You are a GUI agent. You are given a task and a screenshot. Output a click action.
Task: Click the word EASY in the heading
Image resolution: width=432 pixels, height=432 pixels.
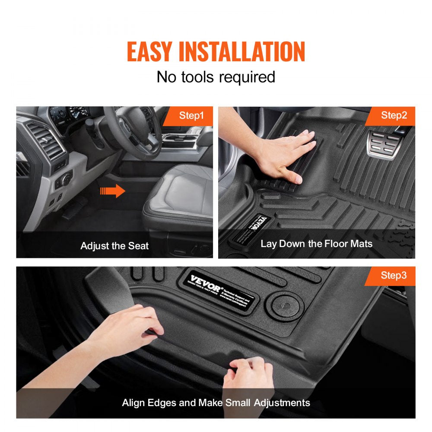pyautogui.click(x=150, y=52)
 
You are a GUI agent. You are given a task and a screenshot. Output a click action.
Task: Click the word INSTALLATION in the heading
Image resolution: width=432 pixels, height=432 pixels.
pyautogui.click(x=242, y=52)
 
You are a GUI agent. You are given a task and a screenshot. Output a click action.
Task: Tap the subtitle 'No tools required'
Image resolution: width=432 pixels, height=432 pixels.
pyautogui.click(x=216, y=77)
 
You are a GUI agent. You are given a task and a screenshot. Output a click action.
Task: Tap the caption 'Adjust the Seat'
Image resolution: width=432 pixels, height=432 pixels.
pyautogui.click(x=114, y=246)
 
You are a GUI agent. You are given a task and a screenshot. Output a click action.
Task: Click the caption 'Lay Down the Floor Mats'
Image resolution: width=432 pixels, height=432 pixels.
pyautogui.click(x=316, y=244)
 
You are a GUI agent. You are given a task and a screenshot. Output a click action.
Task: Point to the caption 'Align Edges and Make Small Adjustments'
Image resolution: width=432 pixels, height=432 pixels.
pyautogui.click(x=216, y=403)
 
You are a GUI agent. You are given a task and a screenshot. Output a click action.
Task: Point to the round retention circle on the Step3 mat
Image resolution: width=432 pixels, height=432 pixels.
pyautogui.click(x=285, y=303)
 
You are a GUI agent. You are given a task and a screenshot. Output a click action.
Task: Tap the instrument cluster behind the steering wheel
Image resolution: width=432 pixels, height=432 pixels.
pyautogui.click(x=65, y=114)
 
